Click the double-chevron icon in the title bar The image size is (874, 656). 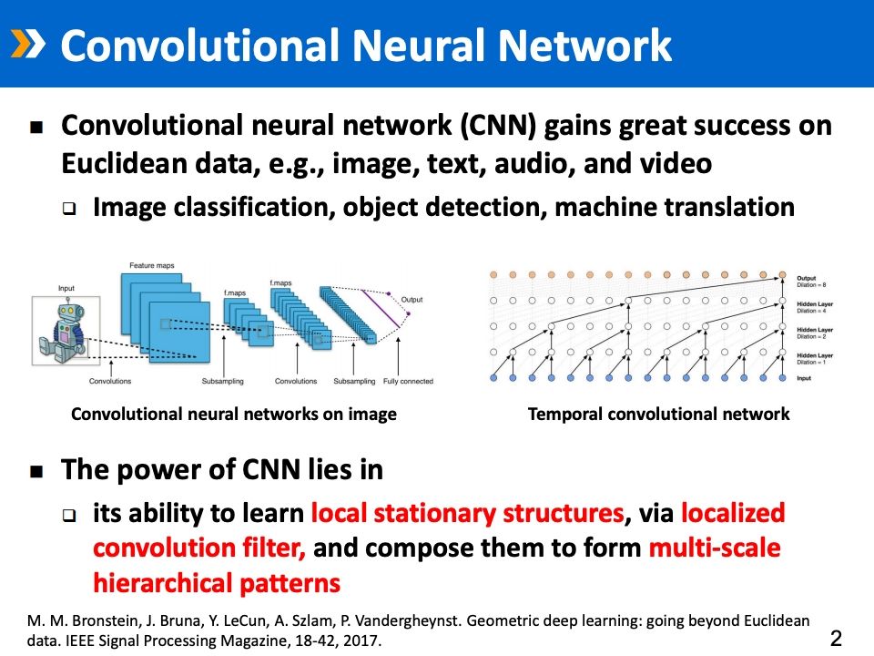(x=26, y=44)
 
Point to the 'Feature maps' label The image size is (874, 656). (x=151, y=266)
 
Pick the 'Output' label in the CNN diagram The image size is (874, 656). (x=412, y=299)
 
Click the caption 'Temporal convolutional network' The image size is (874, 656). (x=658, y=415)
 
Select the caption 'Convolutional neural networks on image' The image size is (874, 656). (x=234, y=415)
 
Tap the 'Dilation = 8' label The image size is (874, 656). (x=810, y=285)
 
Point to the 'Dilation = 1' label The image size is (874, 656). (x=810, y=362)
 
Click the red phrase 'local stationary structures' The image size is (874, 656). (x=467, y=514)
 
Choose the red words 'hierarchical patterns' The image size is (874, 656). (x=217, y=581)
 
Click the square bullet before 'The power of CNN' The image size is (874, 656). (x=37, y=472)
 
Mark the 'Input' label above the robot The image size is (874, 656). (x=66, y=289)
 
